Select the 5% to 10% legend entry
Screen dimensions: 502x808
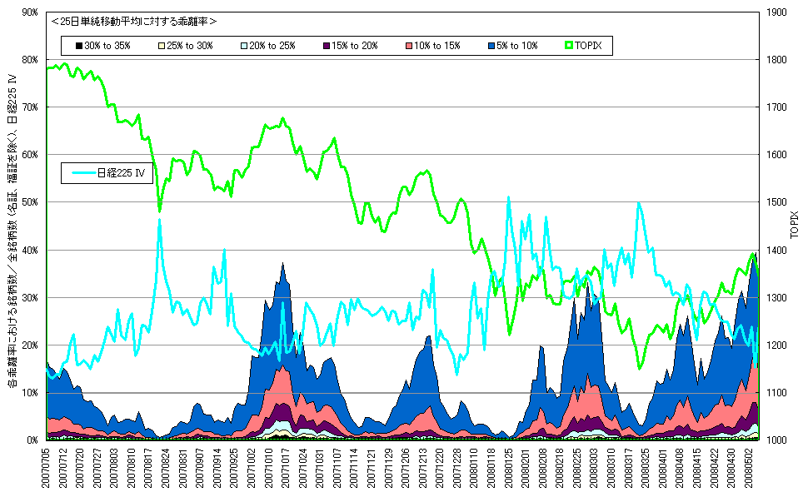tap(511, 46)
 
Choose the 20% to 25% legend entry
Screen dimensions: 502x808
tap(267, 46)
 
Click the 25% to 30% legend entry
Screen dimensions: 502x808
tap(186, 46)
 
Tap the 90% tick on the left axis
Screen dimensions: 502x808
tap(31, 12)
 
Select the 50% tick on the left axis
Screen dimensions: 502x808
tap(31, 202)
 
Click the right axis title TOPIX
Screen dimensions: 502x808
tap(795, 226)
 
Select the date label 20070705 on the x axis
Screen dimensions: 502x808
tap(47, 470)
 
